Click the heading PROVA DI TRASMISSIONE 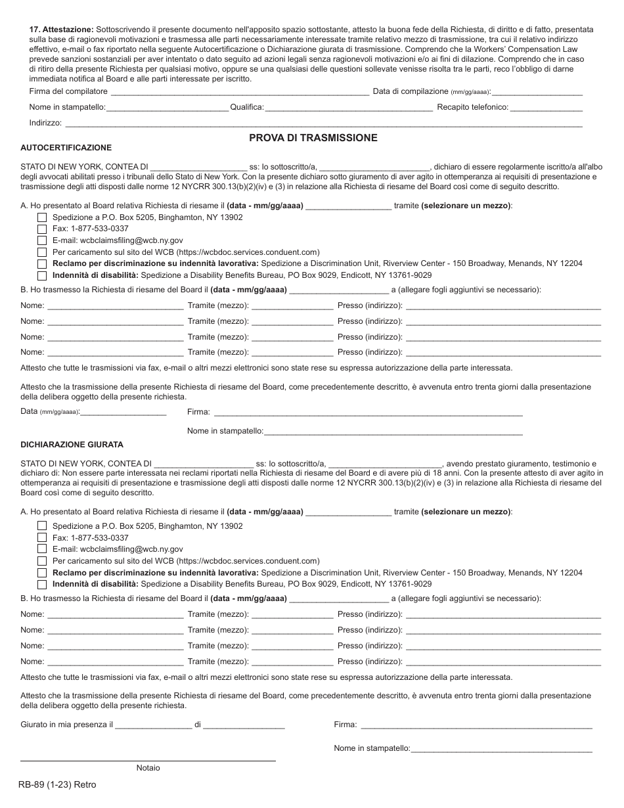point(313,138)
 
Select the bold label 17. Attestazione point(61,30)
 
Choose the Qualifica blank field point(349,107)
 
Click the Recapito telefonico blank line point(546,107)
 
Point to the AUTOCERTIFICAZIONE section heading point(66,148)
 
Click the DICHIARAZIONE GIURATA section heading point(72,445)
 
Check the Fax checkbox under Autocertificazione point(42,229)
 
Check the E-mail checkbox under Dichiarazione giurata point(42,549)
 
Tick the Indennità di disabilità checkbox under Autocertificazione point(42,275)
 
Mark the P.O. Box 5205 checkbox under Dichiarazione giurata point(42,526)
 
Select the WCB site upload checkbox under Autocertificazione point(42,252)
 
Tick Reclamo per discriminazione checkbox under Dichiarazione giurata point(42,573)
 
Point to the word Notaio point(148,768)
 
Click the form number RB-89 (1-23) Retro point(58,785)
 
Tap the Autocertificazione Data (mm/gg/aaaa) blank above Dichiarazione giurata point(123,412)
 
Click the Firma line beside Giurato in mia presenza point(476,725)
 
